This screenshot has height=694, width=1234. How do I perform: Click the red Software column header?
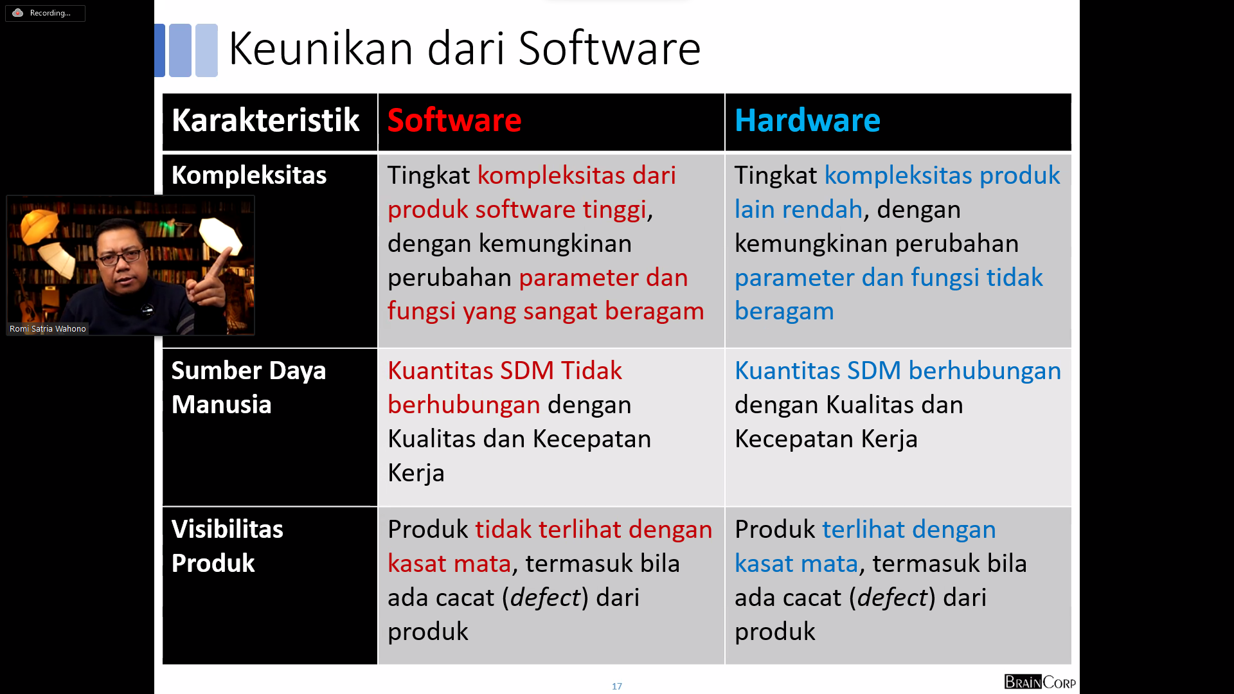coord(454,120)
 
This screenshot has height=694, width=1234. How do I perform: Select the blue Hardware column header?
coord(807,120)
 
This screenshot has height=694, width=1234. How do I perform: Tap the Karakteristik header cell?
coord(265,120)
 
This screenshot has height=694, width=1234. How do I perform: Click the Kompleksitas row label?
coord(249,175)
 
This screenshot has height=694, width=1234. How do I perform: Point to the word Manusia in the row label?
coord(221,404)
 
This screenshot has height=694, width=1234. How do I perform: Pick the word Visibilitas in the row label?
coord(227,529)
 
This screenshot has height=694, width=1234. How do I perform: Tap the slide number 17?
coord(617,686)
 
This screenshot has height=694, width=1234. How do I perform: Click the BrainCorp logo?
coord(1040,682)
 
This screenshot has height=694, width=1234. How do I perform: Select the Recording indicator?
coord(45,13)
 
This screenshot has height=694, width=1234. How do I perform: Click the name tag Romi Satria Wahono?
coord(48,328)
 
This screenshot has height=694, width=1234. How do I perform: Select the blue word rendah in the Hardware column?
coord(822,209)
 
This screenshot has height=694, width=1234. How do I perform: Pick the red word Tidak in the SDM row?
coord(591,371)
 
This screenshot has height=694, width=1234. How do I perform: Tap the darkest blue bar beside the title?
coord(160,50)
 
